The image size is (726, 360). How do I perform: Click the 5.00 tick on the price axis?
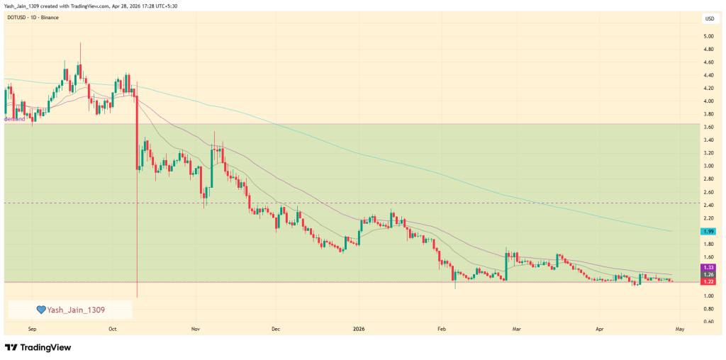pyautogui.click(x=708, y=36)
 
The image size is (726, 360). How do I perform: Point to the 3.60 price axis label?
pyautogui.click(x=708, y=127)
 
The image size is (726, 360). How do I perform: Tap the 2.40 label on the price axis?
pyautogui.click(x=708, y=205)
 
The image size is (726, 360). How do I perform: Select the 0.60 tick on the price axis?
pyautogui.click(x=708, y=322)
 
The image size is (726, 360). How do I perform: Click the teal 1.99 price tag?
pyautogui.click(x=708, y=232)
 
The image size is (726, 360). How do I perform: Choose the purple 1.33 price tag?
pyautogui.click(x=708, y=267)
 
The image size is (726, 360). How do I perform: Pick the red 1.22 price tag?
pyautogui.click(x=708, y=281)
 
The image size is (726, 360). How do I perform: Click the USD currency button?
pyautogui.click(x=708, y=19)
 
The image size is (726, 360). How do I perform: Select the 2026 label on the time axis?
pyautogui.click(x=359, y=330)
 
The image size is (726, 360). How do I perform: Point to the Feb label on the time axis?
pyautogui.click(x=440, y=330)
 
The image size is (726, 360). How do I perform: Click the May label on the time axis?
pyautogui.click(x=680, y=330)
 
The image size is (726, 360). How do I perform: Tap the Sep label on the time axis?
pyautogui.click(x=33, y=330)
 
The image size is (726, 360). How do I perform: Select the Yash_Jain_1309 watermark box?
pyautogui.click(x=70, y=310)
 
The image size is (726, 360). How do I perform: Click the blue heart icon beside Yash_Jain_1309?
pyautogui.click(x=41, y=310)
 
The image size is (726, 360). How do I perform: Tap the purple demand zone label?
pyautogui.click(x=16, y=119)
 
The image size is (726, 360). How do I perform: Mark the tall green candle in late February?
pyautogui.click(x=506, y=266)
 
